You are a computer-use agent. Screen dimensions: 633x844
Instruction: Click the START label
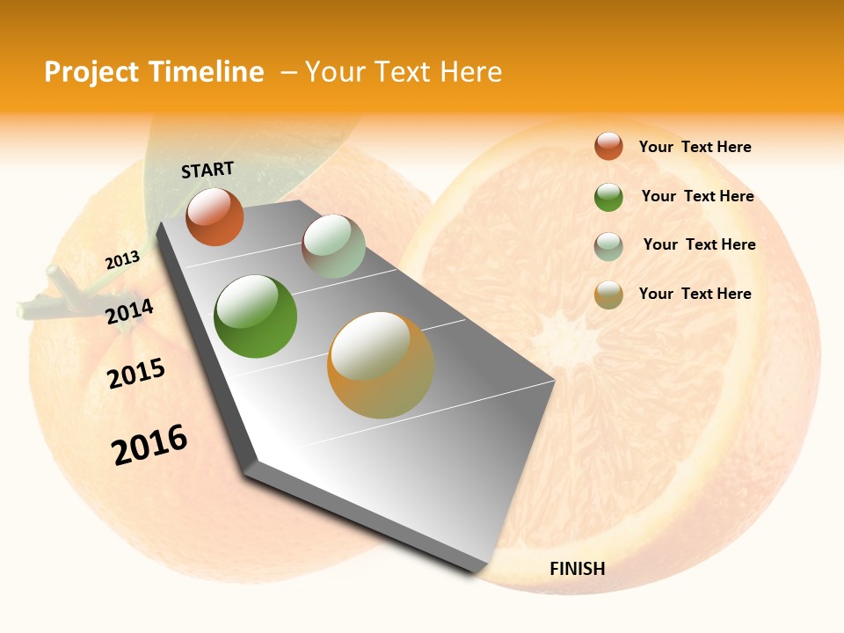[x=207, y=170]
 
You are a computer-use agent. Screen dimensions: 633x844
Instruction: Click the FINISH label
[x=577, y=569]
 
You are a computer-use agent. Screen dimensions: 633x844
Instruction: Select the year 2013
[x=122, y=260]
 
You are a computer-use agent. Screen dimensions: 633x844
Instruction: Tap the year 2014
[x=130, y=312]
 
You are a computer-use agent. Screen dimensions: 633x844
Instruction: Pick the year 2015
[x=136, y=374]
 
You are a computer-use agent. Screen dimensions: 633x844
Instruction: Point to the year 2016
[x=149, y=445]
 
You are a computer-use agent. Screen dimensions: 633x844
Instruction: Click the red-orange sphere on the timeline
[x=215, y=217]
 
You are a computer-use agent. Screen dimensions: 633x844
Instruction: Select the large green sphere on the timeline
[x=256, y=316]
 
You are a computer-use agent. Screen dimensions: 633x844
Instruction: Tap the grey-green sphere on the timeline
[x=333, y=246]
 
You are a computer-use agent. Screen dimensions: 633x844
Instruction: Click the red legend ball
[x=608, y=146]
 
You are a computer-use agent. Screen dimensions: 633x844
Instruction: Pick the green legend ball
[x=608, y=197]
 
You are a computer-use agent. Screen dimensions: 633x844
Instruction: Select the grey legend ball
[x=608, y=246]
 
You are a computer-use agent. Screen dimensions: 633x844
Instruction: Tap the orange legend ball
[x=608, y=295]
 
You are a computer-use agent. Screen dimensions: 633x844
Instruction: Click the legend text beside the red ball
[x=695, y=147]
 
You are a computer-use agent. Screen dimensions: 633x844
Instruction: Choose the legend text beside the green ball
[x=697, y=196]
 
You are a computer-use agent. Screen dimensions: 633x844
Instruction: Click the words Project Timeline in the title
[x=154, y=72]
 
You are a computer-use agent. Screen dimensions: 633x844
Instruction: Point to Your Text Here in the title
[x=404, y=72]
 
